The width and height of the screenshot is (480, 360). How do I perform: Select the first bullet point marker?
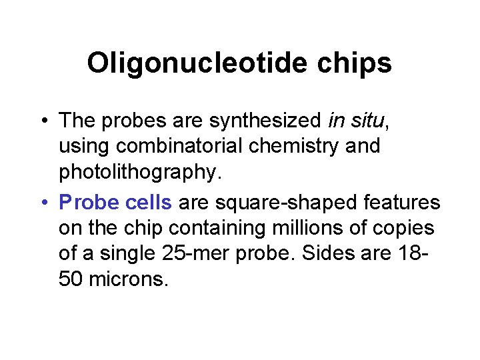click(x=43, y=121)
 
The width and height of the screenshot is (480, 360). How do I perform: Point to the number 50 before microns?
click(x=70, y=279)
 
